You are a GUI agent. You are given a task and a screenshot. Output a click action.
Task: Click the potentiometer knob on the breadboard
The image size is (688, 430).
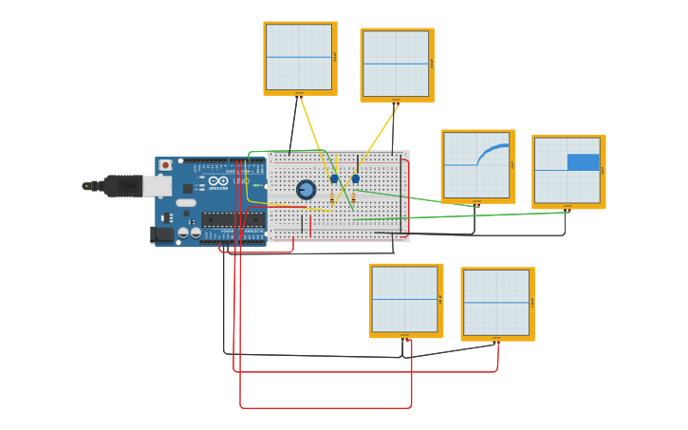[306, 190]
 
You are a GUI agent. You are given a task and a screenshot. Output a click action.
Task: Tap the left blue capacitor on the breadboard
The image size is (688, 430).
[334, 178]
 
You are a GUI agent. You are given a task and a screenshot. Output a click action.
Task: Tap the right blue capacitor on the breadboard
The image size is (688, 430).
[356, 178]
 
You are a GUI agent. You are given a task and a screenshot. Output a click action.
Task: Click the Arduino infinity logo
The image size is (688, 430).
[218, 181]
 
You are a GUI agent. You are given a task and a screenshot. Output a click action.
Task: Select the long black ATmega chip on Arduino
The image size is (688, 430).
[232, 219]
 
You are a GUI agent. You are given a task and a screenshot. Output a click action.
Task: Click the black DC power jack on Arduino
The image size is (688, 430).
[161, 234]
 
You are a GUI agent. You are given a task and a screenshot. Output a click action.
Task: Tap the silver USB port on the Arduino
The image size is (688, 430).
[157, 186]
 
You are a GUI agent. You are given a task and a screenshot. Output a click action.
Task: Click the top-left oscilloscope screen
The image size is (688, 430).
[299, 57]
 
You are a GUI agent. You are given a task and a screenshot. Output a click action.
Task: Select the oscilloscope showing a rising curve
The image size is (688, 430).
[476, 165]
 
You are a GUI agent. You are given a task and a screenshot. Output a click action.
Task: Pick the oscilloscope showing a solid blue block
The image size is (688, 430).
[567, 170]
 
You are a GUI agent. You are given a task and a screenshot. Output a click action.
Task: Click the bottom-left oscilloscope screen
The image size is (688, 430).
[404, 299]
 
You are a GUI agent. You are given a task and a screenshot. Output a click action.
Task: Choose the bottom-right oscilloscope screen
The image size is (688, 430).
[496, 303]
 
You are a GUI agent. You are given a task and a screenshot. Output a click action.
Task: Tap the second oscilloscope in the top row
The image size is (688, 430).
[396, 64]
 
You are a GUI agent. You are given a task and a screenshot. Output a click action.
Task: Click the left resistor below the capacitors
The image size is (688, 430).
[332, 197]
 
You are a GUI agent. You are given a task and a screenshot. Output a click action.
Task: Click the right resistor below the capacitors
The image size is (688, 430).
[354, 197]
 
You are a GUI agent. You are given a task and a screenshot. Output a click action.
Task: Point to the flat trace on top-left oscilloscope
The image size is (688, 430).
[299, 58]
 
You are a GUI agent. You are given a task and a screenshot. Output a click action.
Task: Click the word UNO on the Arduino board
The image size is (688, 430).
[242, 181]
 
